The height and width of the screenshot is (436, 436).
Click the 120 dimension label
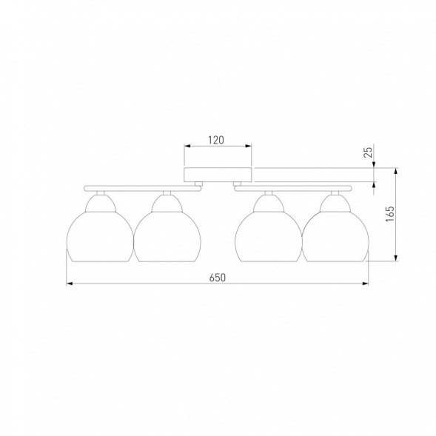tap(216, 140)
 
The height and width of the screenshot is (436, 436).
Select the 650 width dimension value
tap(218, 278)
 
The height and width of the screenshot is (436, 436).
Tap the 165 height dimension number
tap(390, 214)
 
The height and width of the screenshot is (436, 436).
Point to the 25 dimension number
tap(368, 152)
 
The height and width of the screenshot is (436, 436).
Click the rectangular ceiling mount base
tap(218, 175)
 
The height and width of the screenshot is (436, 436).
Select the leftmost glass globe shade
tap(100, 237)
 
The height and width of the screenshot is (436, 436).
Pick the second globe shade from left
tap(167, 237)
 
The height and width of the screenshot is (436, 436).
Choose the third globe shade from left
tap(269, 237)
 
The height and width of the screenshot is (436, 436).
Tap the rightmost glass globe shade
tap(335, 237)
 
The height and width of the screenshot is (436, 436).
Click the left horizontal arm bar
tap(142, 189)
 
